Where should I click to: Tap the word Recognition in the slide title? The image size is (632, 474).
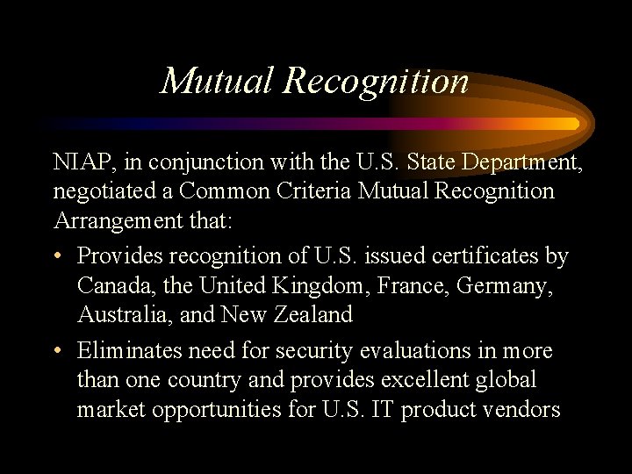(x=377, y=81)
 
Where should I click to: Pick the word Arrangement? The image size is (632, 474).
(x=118, y=220)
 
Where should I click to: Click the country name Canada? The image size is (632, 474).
(x=111, y=285)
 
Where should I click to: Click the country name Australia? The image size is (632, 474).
(x=119, y=314)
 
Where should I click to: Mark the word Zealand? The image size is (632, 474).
(x=310, y=314)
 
